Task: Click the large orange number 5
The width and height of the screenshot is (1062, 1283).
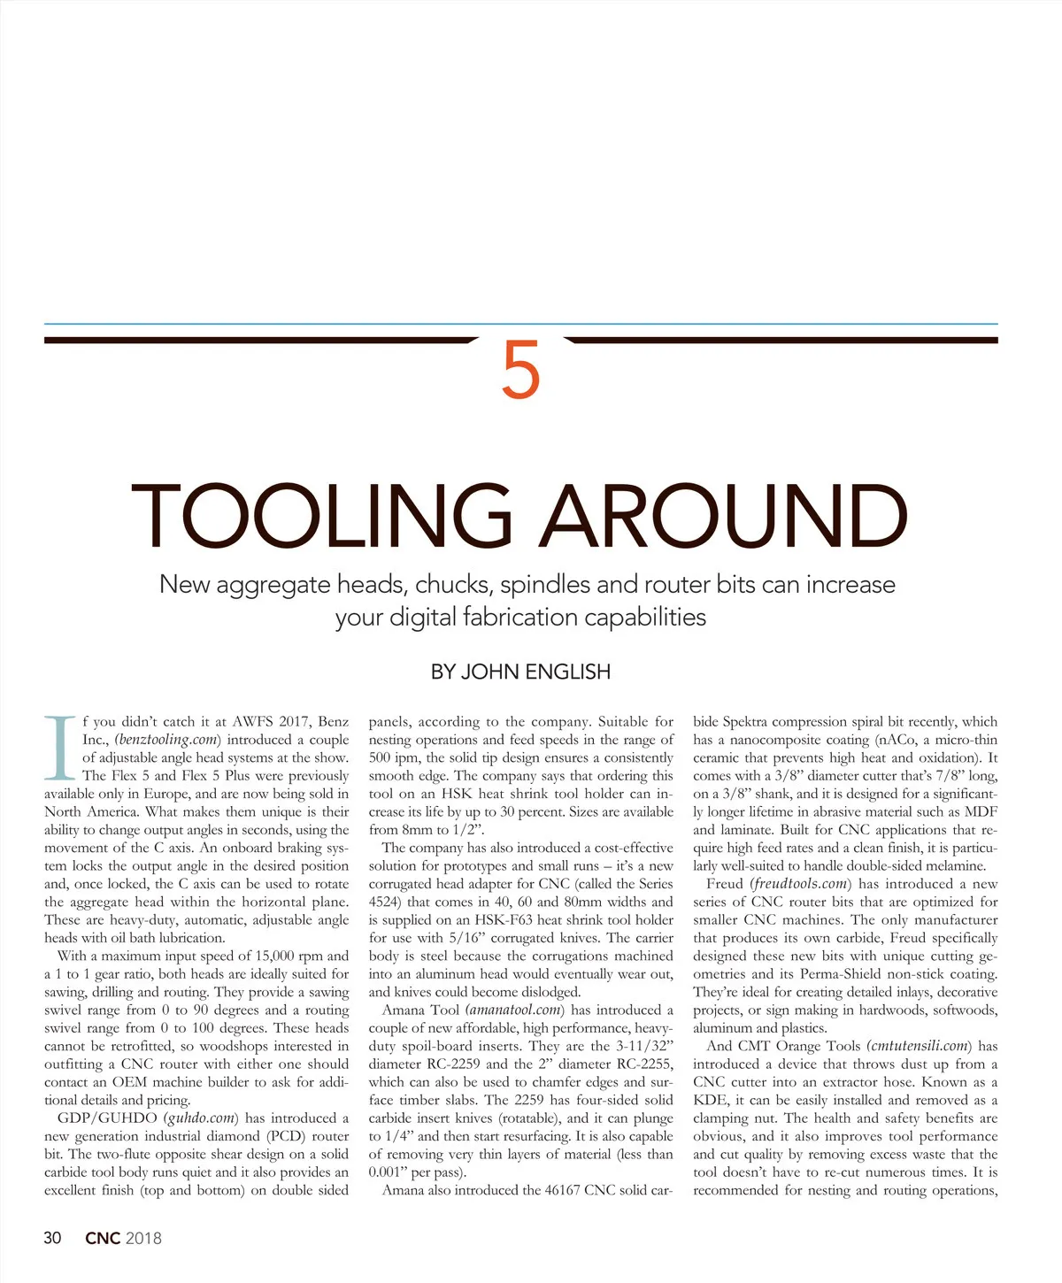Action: [x=520, y=371]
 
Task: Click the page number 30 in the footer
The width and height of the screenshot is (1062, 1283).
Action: [x=53, y=1238]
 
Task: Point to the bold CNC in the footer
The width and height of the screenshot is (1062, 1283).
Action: [x=103, y=1238]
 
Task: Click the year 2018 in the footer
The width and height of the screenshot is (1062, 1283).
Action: [x=144, y=1238]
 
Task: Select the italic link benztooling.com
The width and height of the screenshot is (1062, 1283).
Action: [x=167, y=740]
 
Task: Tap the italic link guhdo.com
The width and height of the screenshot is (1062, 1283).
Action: [x=202, y=1118]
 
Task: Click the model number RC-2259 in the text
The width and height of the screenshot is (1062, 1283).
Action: [x=452, y=1064]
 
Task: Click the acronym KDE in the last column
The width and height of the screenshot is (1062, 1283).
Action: [x=709, y=1101]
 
